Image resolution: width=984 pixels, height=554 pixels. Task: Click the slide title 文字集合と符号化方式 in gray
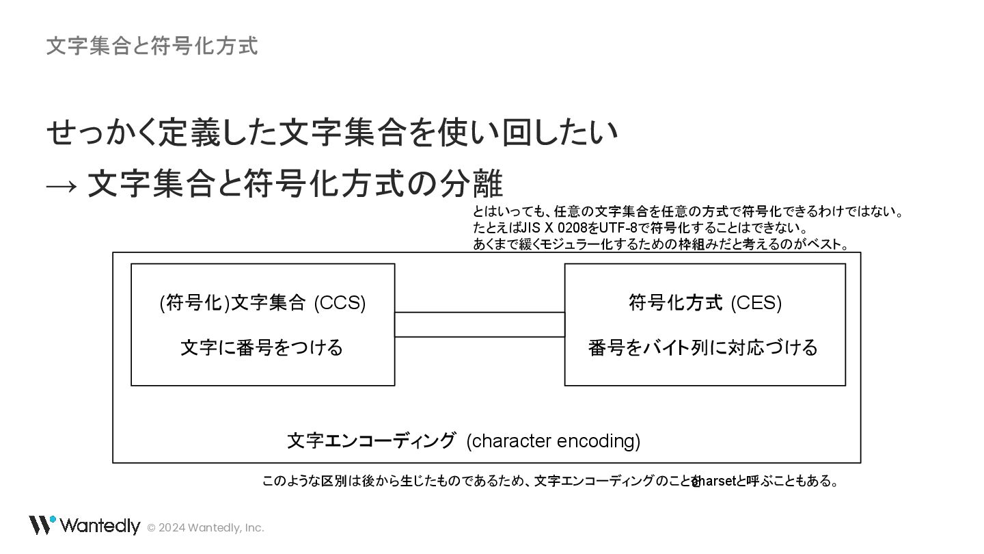coord(152,46)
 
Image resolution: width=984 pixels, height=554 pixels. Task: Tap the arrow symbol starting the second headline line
coord(61,185)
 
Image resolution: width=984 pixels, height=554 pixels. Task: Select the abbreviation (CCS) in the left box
coord(340,302)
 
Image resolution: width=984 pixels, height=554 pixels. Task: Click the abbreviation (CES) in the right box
coord(756,302)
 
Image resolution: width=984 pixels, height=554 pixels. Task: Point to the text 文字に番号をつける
coord(262,347)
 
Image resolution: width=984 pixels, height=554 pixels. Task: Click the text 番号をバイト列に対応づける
coord(703,347)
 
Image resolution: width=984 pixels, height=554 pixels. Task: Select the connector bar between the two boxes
coord(480,324)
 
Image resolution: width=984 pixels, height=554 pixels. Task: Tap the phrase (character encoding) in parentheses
coord(553,441)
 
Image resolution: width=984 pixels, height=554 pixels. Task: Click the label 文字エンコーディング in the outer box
coord(371,441)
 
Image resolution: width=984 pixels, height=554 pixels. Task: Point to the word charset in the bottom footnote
coord(714,482)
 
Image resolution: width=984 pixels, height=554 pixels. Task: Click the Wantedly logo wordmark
coord(100,526)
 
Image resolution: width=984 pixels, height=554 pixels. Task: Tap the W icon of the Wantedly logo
coord(41,525)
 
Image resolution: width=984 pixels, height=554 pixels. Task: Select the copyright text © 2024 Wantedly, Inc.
coord(206,527)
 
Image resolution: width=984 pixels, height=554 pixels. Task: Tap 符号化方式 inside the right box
coord(675,302)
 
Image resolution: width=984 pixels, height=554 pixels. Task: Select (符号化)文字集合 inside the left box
coord(232,302)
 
